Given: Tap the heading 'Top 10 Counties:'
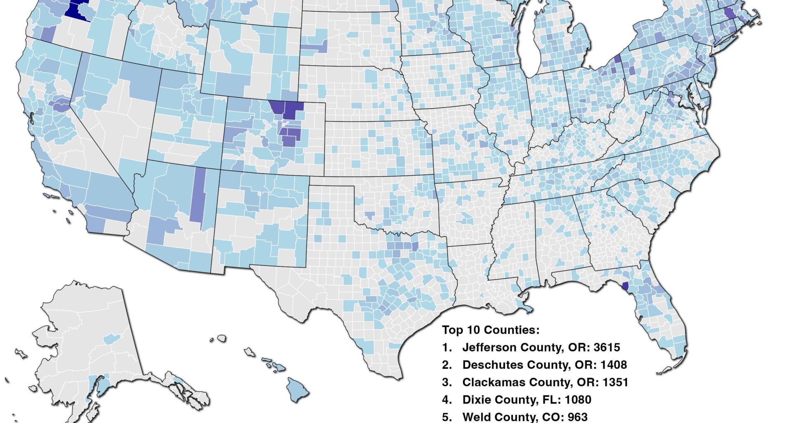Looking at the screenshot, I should click(490, 330).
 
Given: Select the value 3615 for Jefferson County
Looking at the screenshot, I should click(607, 347).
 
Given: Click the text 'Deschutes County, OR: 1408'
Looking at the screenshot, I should click(544, 365).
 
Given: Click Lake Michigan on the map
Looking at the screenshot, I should click(526, 41).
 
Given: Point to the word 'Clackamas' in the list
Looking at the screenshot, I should click(492, 382).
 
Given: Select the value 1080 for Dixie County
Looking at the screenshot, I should click(578, 399).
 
